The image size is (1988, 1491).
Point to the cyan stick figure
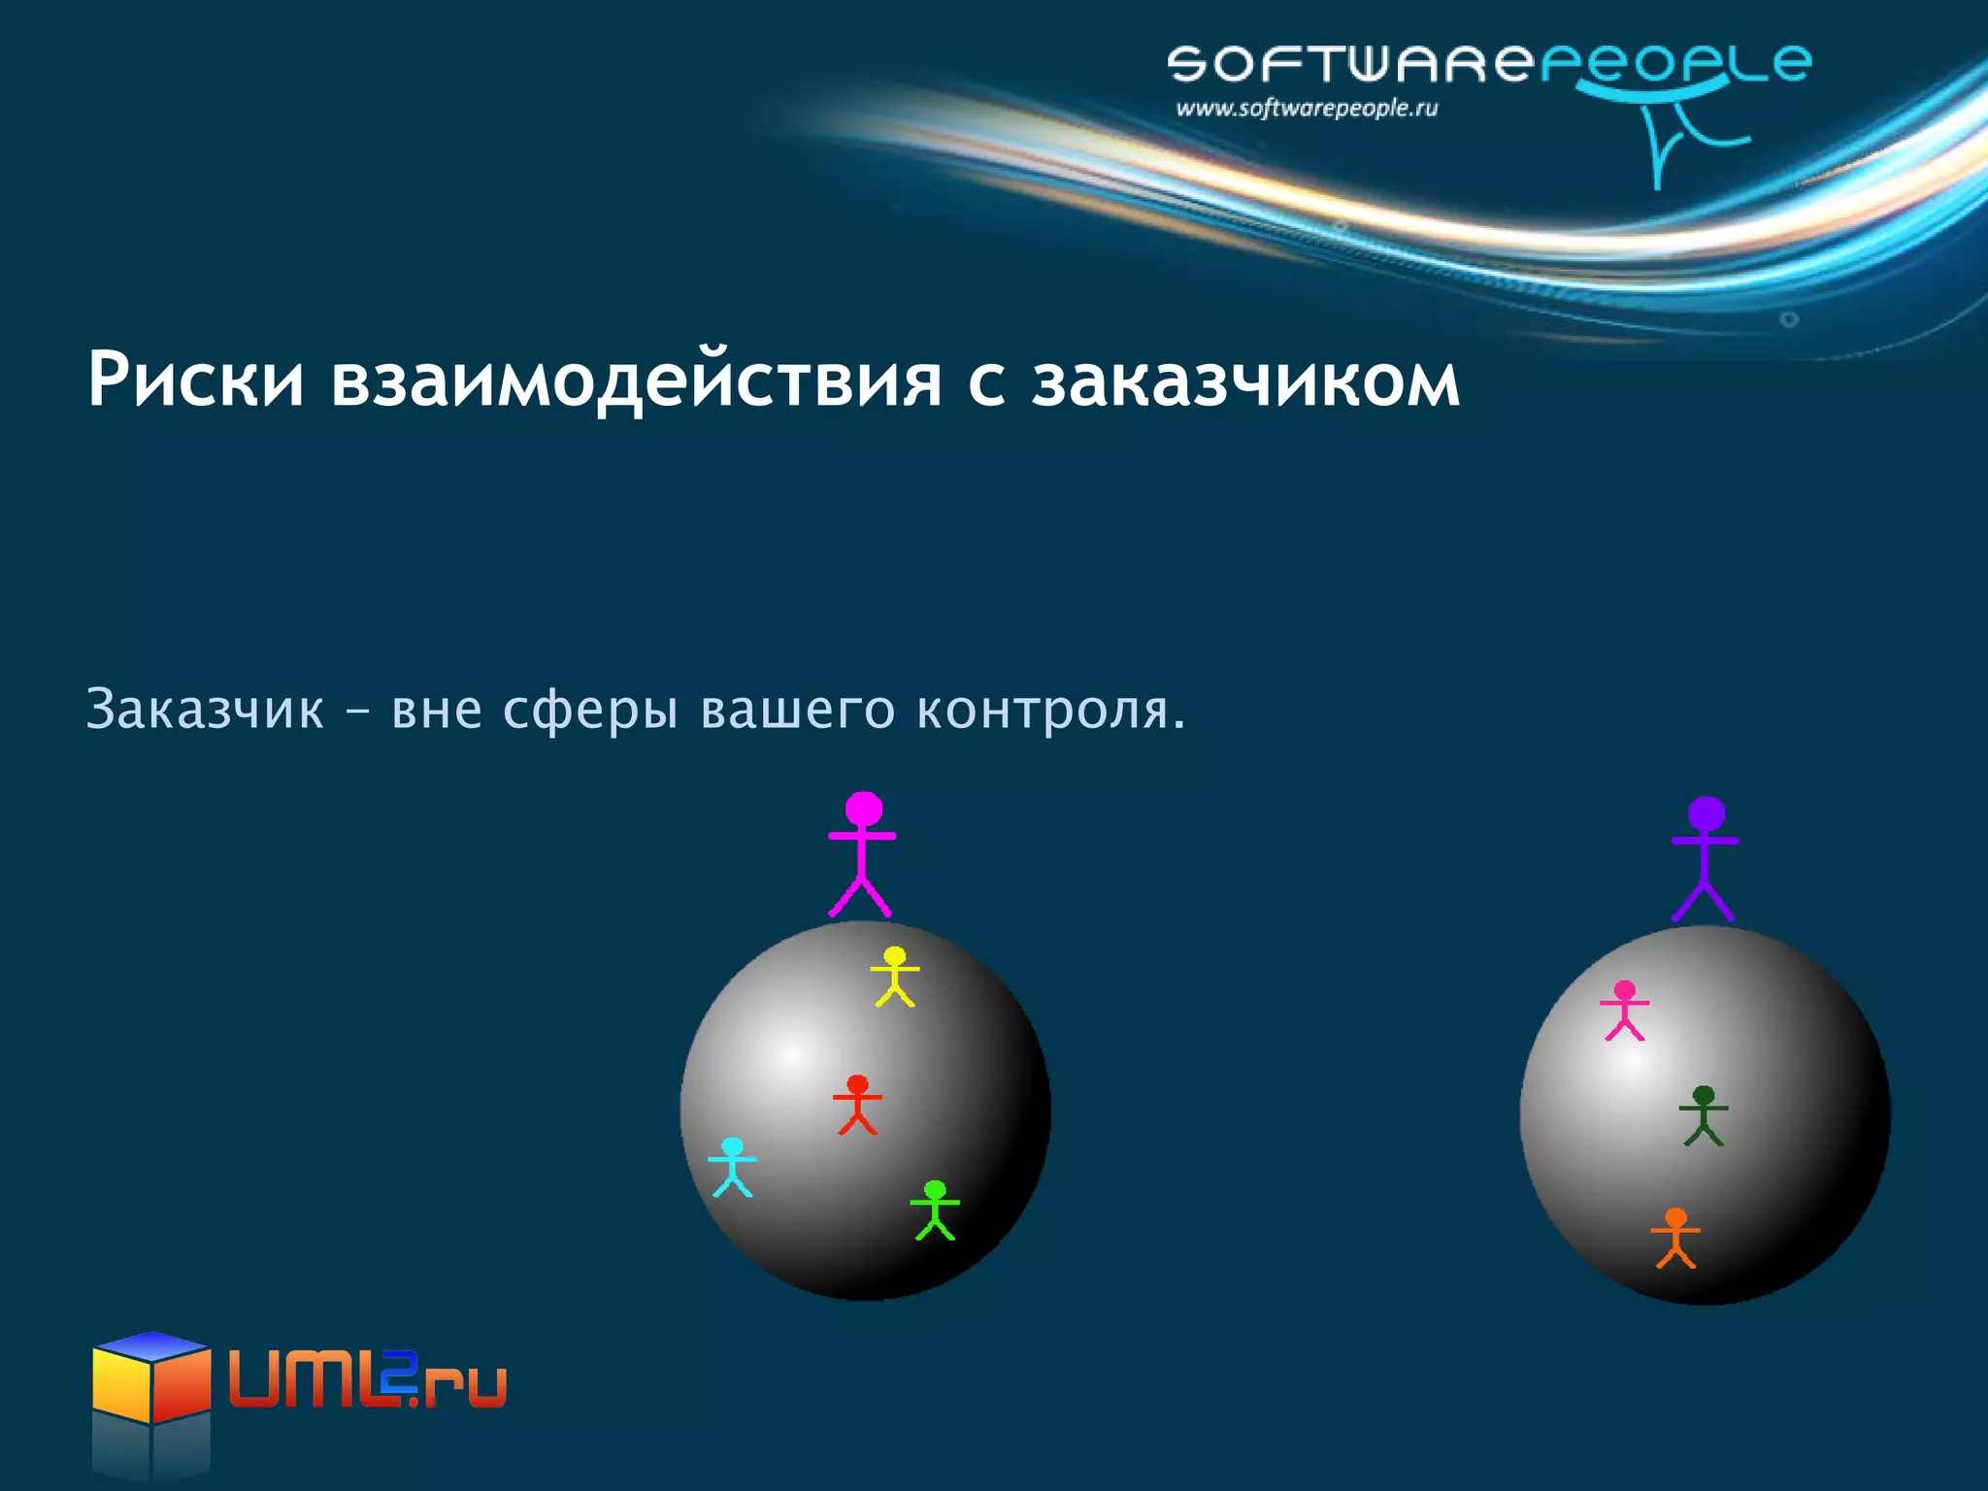click(x=732, y=1167)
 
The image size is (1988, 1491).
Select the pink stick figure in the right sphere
click(x=1624, y=1011)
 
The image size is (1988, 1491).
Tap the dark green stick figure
click(x=1704, y=1115)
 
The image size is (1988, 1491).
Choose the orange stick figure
click(x=1675, y=1238)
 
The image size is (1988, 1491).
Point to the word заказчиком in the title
click(x=1245, y=380)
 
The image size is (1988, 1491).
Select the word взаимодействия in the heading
click(x=636, y=380)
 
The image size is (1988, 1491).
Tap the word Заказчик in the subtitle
click(x=205, y=709)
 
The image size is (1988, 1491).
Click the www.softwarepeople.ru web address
click(x=1307, y=109)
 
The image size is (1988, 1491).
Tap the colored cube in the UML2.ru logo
click(x=151, y=1377)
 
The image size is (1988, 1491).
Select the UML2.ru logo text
click(x=368, y=1382)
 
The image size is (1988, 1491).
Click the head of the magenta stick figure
click(x=863, y=810)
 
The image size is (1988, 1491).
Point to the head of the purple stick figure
click(x=1706, y=814)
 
